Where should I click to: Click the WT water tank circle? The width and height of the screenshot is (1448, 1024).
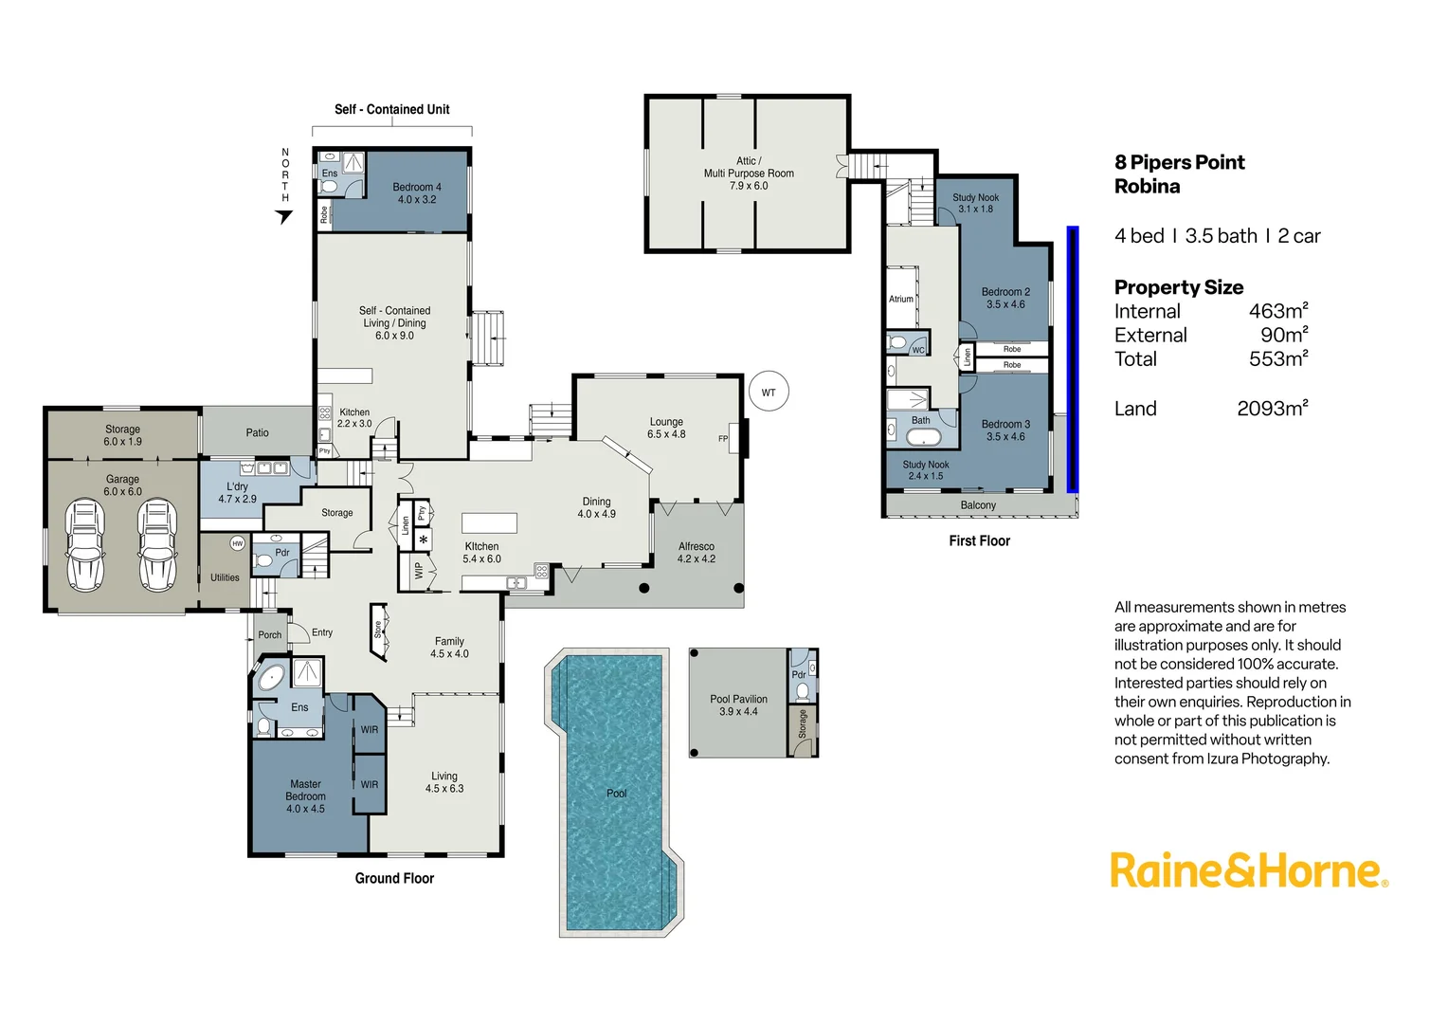click(x=769, y=392)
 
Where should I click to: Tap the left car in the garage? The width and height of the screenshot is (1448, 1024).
click(x=84, y=545)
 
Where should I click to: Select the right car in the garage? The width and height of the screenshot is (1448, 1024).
click(x=156, y=545)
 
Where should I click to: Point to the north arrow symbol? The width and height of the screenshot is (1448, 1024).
click(x=283, y=217)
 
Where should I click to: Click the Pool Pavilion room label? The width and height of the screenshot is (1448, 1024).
click(x=738, y=704)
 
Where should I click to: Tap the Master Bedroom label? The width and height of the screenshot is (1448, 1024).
click(x=305, y=796)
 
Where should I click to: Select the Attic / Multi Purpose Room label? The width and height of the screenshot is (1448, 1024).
click(x=749, y=174)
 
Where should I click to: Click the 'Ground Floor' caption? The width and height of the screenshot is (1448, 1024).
click(x=394, y=878)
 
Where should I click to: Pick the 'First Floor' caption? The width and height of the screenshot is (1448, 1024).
click(x=979, y=540)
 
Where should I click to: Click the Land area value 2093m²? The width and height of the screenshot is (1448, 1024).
click(x=1272, y=409)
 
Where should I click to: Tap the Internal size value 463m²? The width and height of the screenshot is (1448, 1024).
click(x=1277, y=311)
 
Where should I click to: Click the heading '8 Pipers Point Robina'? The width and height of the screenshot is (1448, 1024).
click(x=1179, y=174)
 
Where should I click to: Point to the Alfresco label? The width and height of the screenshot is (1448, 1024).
click(x=696, y=552)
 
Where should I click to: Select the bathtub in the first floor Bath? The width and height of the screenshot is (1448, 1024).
click(x=922, y=437)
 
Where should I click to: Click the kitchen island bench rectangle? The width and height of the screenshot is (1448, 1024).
click(x=489, y=522)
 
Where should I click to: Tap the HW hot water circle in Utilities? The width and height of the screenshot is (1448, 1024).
click(x=237, y=543)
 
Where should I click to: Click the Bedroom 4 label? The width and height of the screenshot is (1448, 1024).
click(x=417, y=193)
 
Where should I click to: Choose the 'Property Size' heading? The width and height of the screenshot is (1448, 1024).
click(x=1178, y=287)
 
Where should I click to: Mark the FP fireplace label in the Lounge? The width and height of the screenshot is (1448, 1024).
click(x=723, y=438)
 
